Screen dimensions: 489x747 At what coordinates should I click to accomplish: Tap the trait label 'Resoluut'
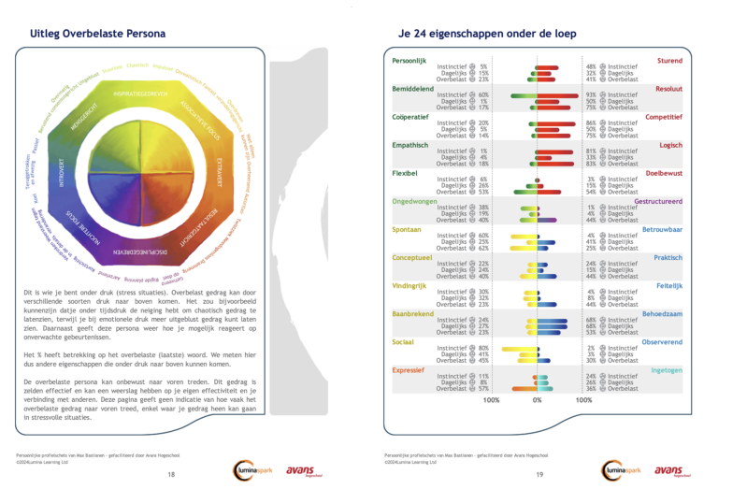pos(668,87)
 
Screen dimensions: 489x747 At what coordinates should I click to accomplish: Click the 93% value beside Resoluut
pos(591,95)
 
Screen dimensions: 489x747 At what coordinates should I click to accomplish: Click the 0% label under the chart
pos(537,400)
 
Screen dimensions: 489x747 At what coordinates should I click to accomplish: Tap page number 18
pos(171,475)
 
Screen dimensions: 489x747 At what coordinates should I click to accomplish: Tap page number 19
pos(539,475)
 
